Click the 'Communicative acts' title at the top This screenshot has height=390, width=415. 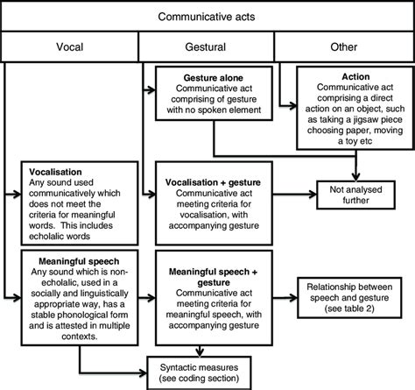[207, 15]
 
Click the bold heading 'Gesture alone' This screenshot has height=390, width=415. [207, 76]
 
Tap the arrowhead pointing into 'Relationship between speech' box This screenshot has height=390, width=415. [295, 290]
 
